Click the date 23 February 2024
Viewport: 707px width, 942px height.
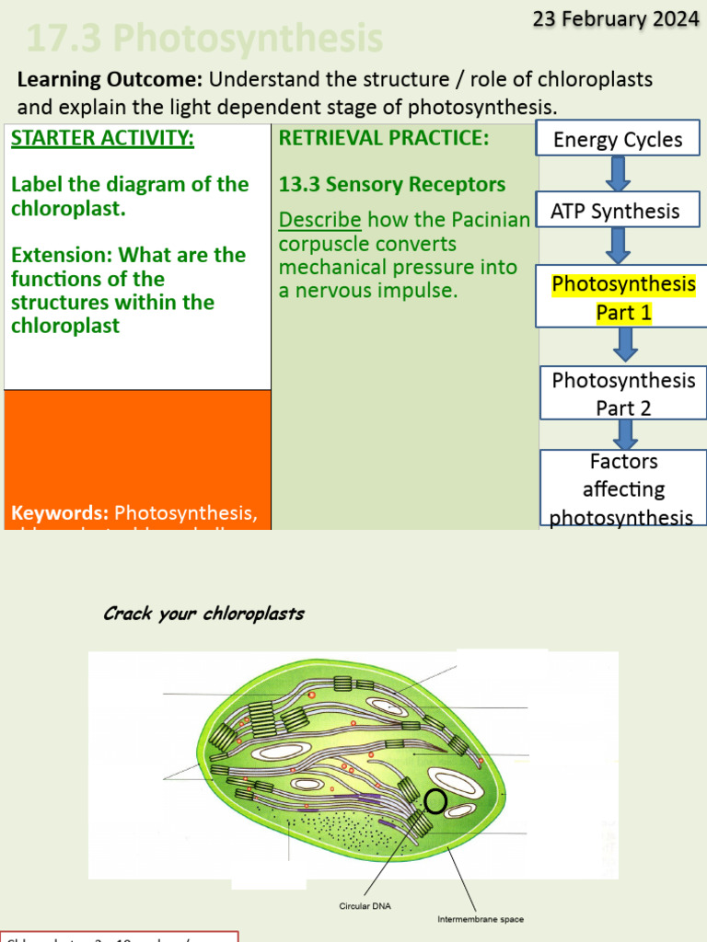[x=616, y=19]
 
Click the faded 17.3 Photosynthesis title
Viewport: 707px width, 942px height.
[x=204, y=40]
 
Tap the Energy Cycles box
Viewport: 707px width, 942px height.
[x=618, y=140]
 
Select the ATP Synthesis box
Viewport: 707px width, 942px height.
[x=615, y=211]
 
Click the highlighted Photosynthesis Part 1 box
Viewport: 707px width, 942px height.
[x=623, y=297]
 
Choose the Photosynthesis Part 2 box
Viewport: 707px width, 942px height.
[x=623, y=393]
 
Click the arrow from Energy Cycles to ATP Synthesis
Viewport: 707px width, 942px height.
[x=618, y=174]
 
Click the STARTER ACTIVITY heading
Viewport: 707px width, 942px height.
[x=102, y=139]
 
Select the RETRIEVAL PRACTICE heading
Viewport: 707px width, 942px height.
[x=384, y=139]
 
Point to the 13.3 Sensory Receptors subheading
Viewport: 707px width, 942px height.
[x=392, y=184]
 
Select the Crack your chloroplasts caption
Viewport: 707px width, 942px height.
[x=203, y=614]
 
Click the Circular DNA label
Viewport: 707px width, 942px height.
[x=365, y=906]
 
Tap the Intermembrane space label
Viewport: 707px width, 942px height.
[x=480, y=918]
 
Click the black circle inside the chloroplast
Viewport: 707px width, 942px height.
[x=435, y=802]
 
